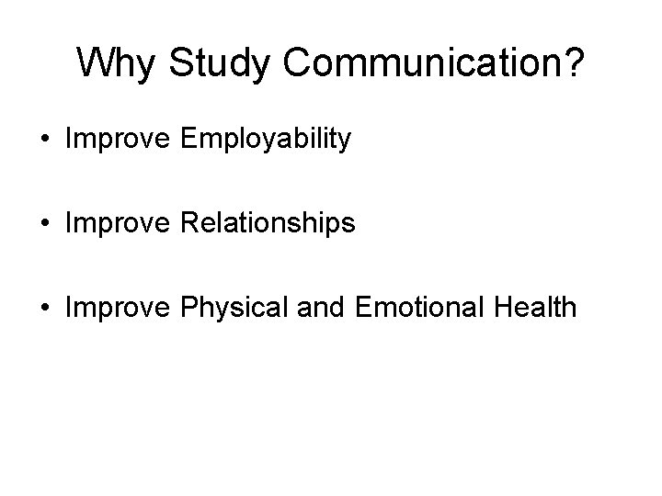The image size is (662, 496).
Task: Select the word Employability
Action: (x=267, y=141)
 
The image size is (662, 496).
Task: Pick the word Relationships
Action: (x=268, y=223)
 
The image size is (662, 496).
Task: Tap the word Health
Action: (x=537, y=306)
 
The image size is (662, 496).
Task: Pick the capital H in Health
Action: (x=507, y=306)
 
